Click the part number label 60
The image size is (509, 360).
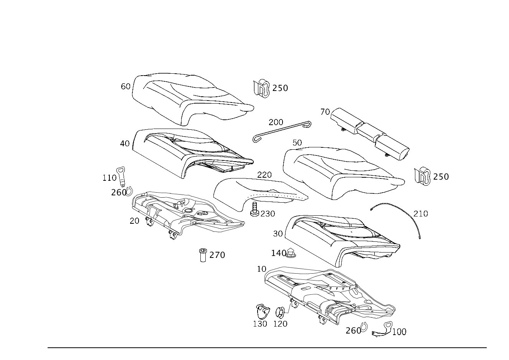pos(126,86)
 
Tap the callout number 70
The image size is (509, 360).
pos(325,112)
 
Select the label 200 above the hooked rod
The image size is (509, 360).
pos(276,122)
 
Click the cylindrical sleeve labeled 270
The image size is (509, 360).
pos(203,255)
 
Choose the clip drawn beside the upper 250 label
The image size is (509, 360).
pos(261,88)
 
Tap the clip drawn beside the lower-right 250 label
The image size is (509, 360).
pos(422,177)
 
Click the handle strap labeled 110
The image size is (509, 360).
pos(121,177)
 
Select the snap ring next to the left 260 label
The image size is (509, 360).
pos(129,192)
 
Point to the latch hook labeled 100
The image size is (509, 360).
pos(383,329)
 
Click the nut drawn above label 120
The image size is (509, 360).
pos(280,312)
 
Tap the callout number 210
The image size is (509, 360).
pos(421,214)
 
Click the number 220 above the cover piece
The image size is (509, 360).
pos(264,175)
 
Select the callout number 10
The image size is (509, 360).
pos(261,269)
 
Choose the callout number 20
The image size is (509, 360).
pos(134,221)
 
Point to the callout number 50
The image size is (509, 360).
pos(297,143)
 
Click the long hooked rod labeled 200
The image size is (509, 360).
pos(282,132)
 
